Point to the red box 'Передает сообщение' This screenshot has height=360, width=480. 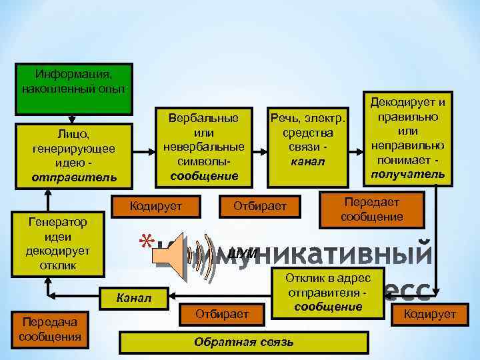pyautogui.click(x=371, y=209)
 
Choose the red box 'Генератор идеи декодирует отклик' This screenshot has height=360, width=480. pyautogui.click(x=51, y=244)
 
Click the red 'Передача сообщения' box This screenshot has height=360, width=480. pyautogui.click(x=50, y=329)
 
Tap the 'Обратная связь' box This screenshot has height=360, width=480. pyautogui.click(x=243, y=342)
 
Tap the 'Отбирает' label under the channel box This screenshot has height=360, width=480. pyautogui.click(x=259, y=207)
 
